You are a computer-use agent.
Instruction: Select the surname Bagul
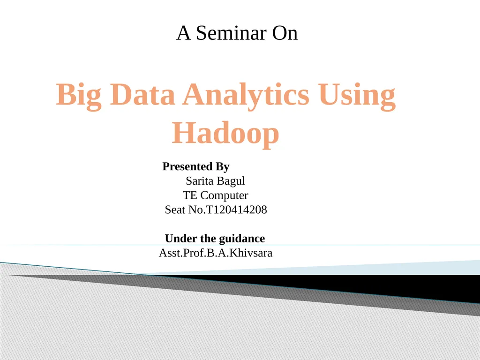pyautogui.click(x=231, y=181)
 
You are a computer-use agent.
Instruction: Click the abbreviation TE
pyautogui.click(x=190, y=195)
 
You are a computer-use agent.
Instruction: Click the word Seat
pyautogui.click(x=175, y=210)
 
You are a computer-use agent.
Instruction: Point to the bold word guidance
pyautogui.click(x=242, y=239)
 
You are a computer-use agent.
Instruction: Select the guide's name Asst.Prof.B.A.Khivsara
pyautogui.click(x=216, y=253)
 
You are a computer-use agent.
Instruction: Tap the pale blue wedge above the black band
pyautogui.click(x=422, y=267)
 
